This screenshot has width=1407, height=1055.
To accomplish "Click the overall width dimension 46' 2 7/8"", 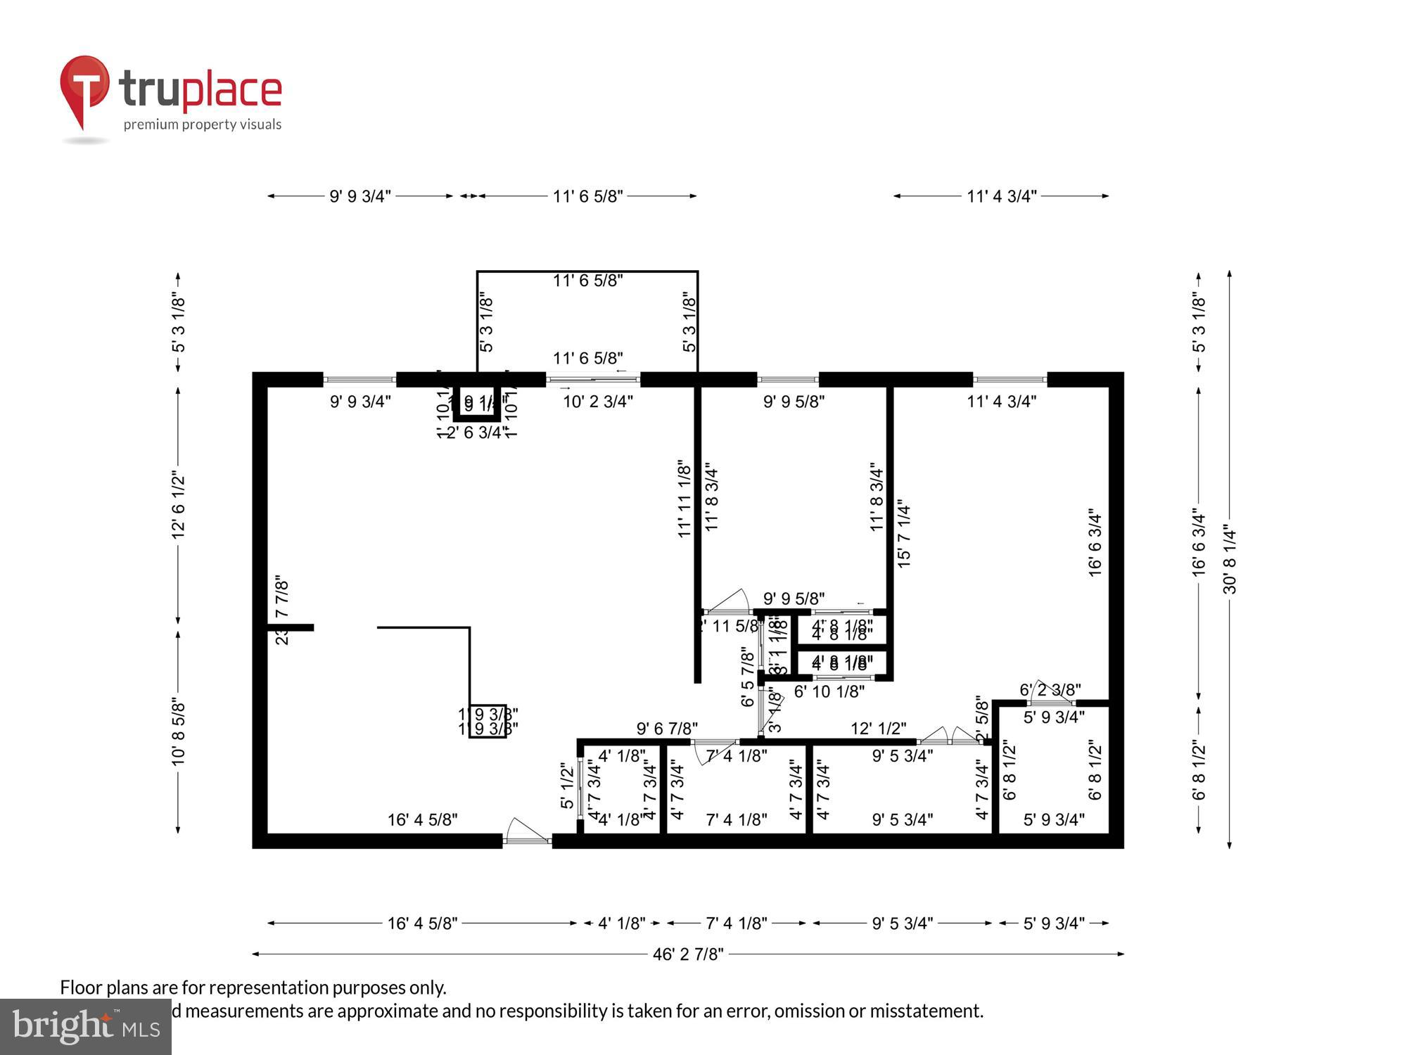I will pos(688,954).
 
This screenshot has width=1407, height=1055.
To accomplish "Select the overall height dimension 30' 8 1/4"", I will pos(1229,559).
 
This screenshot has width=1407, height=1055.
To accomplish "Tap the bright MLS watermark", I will pos(85,1027).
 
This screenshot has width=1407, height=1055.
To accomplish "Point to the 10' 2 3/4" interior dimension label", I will pos(598,402).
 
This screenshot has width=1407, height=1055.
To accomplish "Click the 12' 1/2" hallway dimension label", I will pos(878,729).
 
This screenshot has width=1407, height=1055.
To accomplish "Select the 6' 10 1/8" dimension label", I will pos(829,692).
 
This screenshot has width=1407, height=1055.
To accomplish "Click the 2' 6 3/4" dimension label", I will pos(477,433).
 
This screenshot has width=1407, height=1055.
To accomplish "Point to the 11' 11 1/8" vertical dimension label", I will pos(685,499).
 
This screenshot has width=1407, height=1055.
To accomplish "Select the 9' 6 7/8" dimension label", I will pos(667,729).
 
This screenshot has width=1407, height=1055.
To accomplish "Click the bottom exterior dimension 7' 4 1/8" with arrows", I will pos(737,923).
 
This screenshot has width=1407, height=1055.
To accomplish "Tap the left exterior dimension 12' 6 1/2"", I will pos(178,506).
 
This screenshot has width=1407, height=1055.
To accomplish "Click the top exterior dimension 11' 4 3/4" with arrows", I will pos(1001,196).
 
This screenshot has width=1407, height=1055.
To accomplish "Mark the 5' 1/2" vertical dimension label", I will pos(567,786).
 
